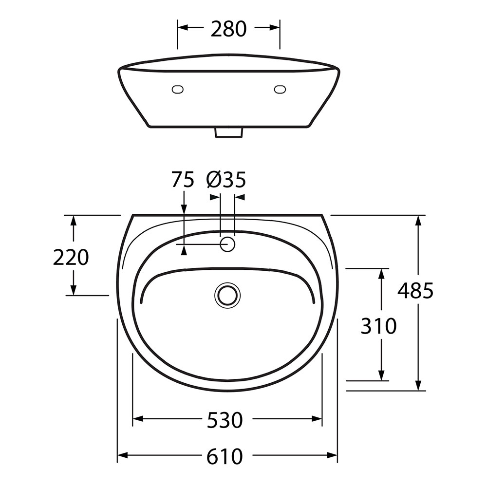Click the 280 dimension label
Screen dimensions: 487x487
tap(228, 29)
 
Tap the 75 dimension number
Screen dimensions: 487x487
tap(183, 180)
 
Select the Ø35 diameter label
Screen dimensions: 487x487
tap(226, 180)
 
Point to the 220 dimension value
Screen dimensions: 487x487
tap(71, 257)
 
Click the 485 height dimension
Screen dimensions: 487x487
tap(415, 291)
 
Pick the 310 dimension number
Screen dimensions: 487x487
tap(378, 326)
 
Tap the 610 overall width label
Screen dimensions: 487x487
tap(225, 456)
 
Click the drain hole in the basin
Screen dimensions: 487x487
tap(227, 296)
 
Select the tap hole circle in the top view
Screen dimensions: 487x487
tap(227, 244)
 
